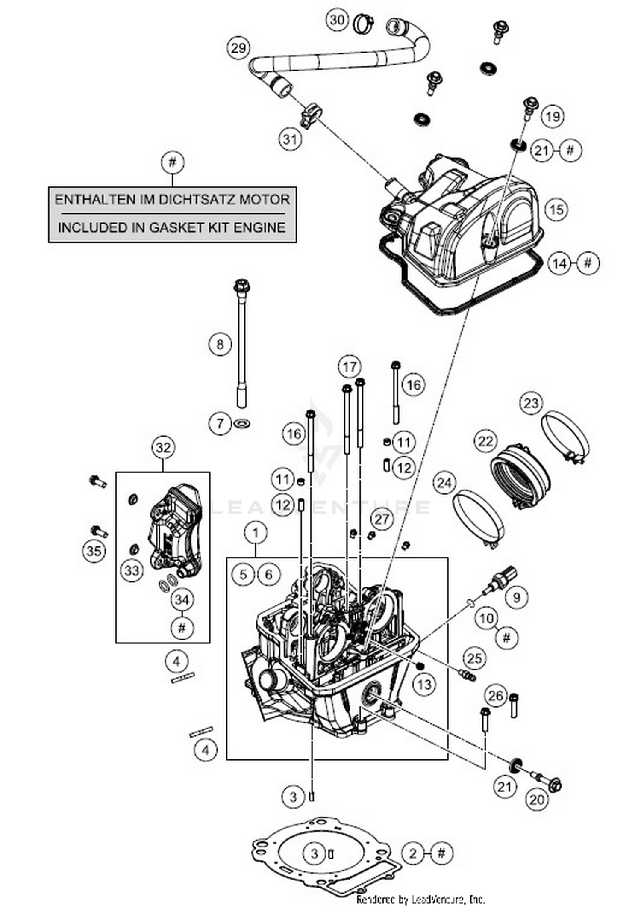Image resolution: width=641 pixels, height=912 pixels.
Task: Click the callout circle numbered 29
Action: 238,48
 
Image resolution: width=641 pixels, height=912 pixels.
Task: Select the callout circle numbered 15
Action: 556,210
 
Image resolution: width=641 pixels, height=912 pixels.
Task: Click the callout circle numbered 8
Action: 220,344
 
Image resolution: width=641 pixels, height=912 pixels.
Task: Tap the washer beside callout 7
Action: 242,424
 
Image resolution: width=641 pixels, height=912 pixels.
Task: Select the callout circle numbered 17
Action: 349,367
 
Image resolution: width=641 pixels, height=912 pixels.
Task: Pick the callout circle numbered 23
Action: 531,403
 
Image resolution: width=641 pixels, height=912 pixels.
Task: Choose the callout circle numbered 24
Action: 444,483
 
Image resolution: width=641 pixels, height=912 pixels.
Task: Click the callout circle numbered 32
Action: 163,448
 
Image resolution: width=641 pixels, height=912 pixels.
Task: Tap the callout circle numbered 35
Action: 94,551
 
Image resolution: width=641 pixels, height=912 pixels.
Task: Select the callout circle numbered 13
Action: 424,685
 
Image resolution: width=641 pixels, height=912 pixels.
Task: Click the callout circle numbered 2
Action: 412,853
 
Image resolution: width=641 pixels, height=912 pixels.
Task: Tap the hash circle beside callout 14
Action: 588,263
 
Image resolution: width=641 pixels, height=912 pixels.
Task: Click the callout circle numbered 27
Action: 382,519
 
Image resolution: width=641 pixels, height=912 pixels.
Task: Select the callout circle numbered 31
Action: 290,139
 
